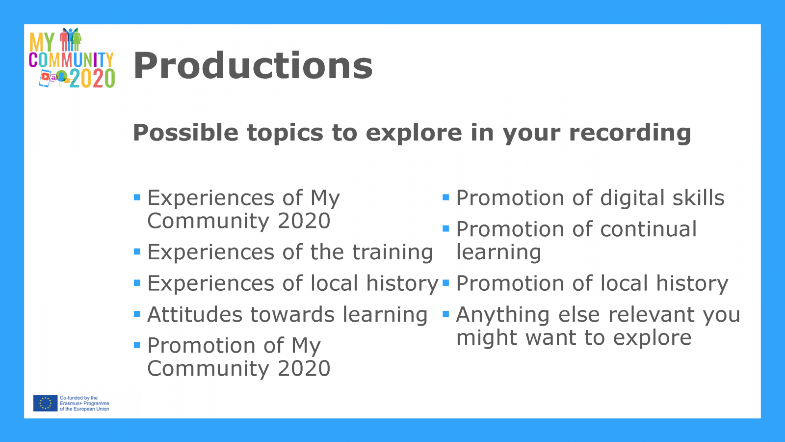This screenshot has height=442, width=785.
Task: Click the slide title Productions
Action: pyautogui.click(x=253, y=66)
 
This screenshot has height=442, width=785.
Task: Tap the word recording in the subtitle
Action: pyautogui.click(x=630, y=134)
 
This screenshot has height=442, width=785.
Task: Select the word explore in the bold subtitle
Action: pyautogui.click(x=414, y=134)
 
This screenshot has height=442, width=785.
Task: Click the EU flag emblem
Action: pyautogui.click(x=45, y=403)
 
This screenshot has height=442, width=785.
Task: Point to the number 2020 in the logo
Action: pyautogui.click(x=92, y=78)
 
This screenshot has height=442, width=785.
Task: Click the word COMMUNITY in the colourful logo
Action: pyautogui.click(x=71, y=59)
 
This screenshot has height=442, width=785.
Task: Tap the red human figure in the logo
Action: pyautogui.click(x=64, y=39)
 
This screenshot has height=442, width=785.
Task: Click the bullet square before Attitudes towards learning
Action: pyautogui.click(x=137, y=314)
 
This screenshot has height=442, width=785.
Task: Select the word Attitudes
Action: pyautogui.click(x=194, y=314)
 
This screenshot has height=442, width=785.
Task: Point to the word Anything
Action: pyautogui.click(x=503, y=315)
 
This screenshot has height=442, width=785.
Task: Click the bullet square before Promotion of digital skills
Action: pyautogui.click(x=446, y=197)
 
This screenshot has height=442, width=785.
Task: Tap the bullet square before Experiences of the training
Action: pyautogui.click(x=137, y=251)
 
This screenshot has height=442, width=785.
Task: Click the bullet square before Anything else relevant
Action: pyautogui.click(x=446, y=314)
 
